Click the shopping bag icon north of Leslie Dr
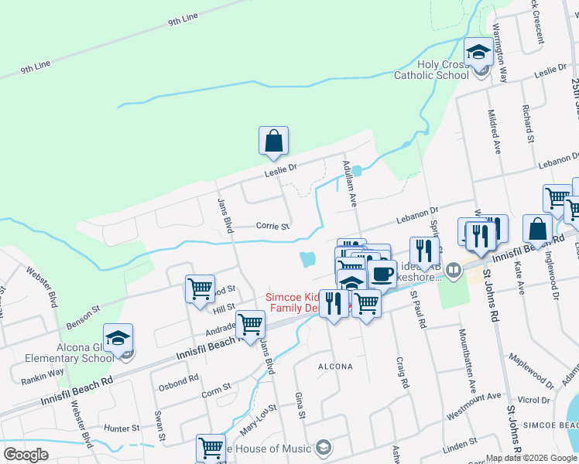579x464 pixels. coord(273,140)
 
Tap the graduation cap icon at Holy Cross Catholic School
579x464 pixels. coord(478,53)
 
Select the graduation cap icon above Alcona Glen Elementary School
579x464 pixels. coord(118,338)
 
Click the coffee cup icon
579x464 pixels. coord(382,274)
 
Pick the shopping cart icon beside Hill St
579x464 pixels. coord(200,288)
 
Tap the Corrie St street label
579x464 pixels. coord(272,227)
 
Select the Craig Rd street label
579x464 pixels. coord(402,372)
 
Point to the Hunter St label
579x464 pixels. coord(122,428)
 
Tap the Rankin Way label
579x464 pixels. coord(48,372)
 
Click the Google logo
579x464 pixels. coord(26,455)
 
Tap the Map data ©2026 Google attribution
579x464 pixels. coord(531,458)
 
